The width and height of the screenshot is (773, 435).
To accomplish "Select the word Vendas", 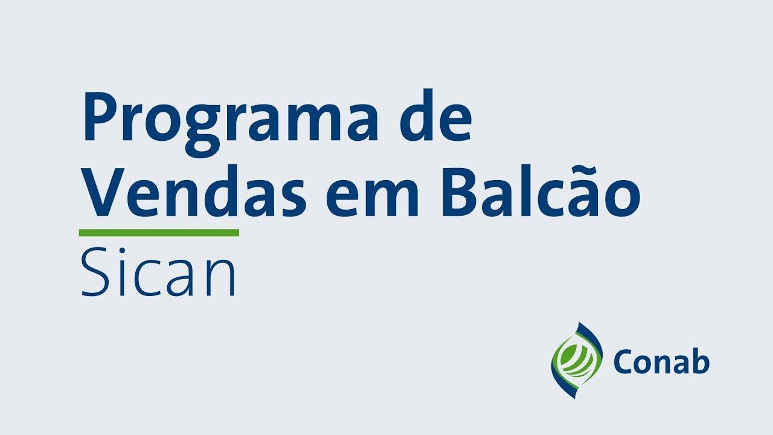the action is [195, 192].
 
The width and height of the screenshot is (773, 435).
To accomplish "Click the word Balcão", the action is [541, 192].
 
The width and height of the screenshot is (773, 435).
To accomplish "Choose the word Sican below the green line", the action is [158, 272].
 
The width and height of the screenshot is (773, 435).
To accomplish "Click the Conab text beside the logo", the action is [661, 361].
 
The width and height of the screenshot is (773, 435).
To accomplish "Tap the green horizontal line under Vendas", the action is [159, 233].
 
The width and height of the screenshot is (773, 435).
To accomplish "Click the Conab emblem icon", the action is [577, 361].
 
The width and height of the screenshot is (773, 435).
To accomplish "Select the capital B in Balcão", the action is [463, 192].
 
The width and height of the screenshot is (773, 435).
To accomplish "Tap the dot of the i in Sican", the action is [122, 251].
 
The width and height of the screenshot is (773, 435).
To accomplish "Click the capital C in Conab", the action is [624, 361].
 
